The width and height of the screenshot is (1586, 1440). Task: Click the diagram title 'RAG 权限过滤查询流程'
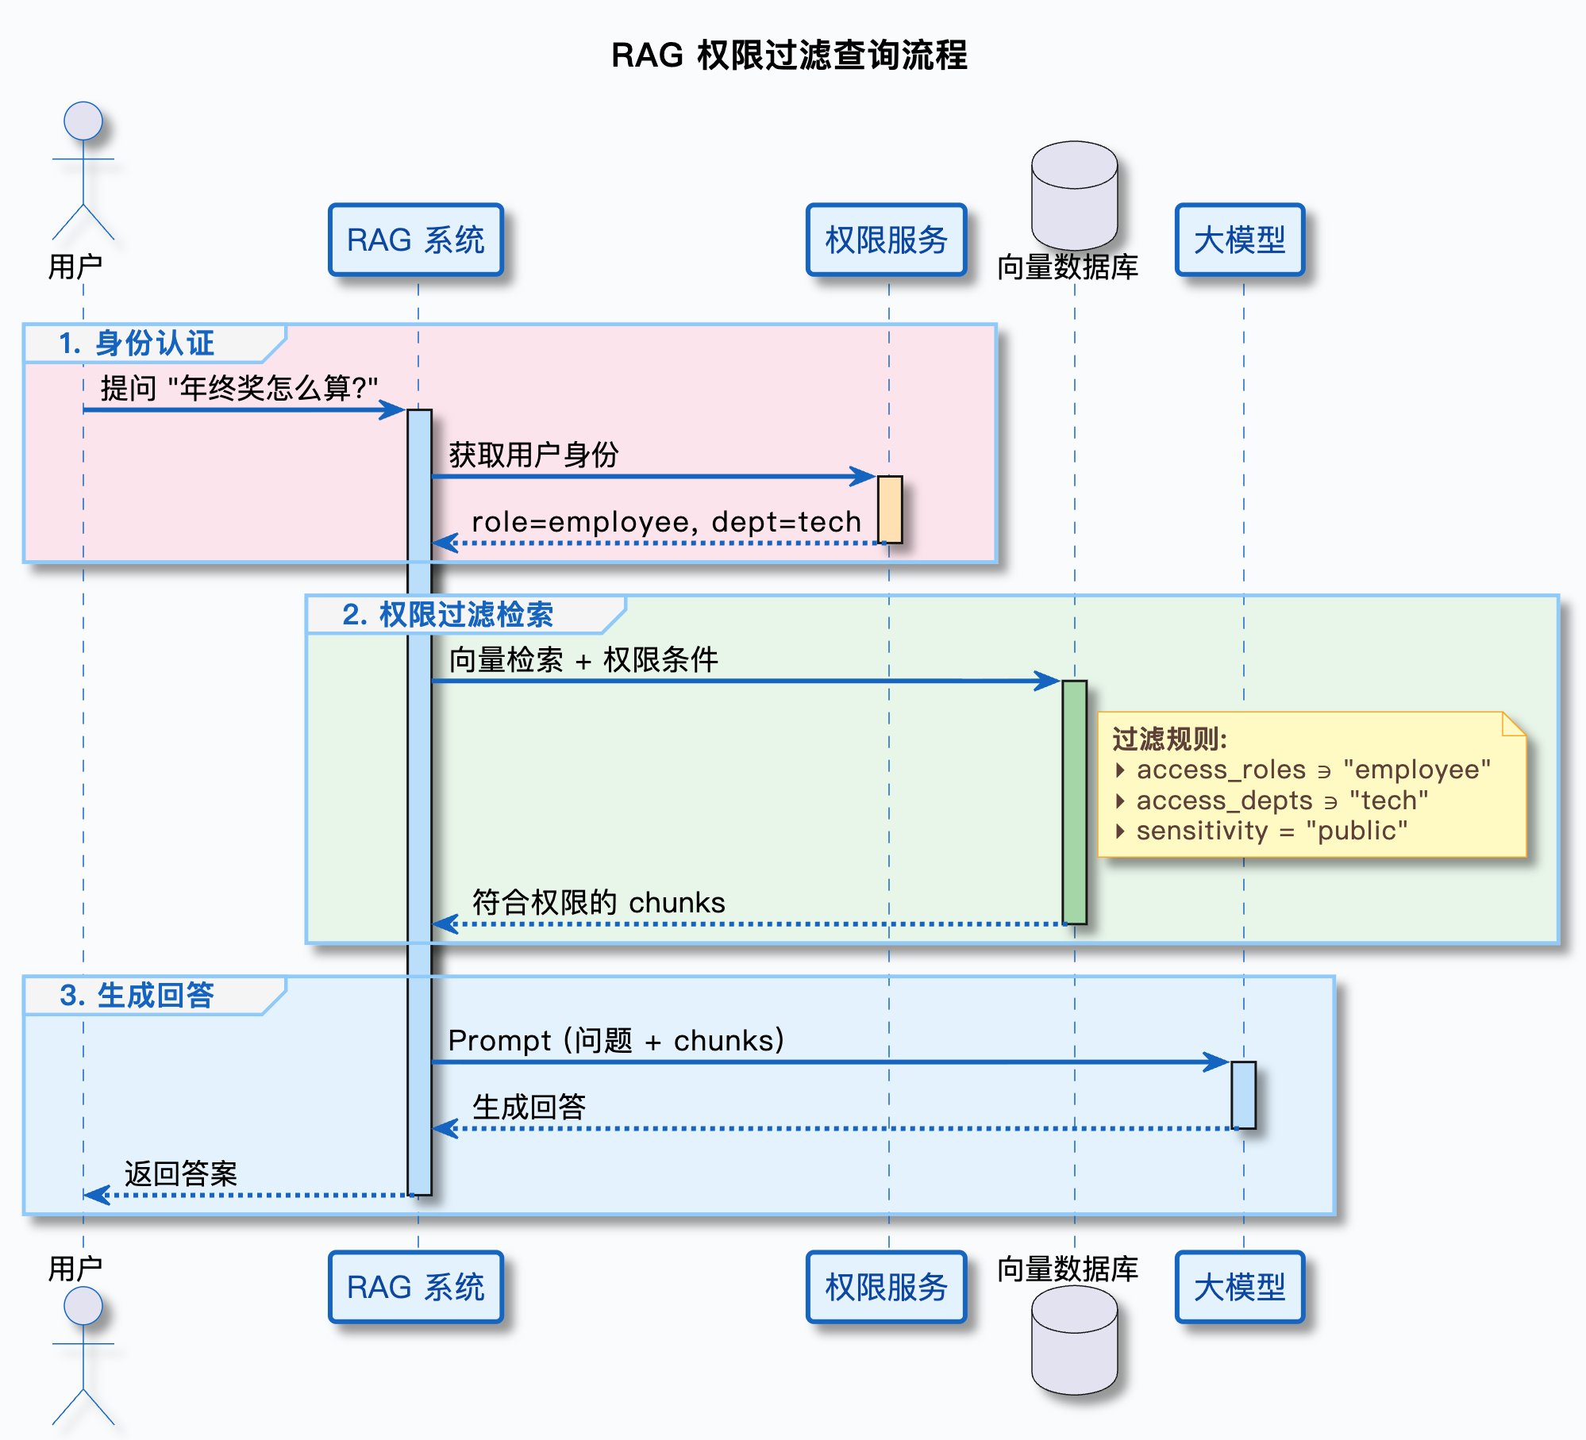789,56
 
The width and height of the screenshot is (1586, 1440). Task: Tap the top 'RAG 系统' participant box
416,240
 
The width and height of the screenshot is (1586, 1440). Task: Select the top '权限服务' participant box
886,240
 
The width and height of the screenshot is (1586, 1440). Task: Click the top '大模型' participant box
1239,240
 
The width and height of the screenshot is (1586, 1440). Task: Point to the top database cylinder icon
1074,195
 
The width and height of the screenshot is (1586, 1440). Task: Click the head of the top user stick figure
83,121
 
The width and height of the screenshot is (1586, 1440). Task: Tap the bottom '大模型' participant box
1239,1287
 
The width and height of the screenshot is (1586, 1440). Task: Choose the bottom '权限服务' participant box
886,1287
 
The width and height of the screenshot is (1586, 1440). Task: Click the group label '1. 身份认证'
137,344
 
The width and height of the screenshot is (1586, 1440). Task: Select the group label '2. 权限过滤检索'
448,615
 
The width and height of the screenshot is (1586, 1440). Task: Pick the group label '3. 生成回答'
137,996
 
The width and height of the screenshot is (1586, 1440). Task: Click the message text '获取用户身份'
533,455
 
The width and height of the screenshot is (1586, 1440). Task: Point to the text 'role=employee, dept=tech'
666,522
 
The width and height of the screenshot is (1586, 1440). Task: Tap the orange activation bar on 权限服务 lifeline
889,509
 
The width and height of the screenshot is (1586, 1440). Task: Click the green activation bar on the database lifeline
1074,801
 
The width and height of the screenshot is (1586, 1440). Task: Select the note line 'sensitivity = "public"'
1272,831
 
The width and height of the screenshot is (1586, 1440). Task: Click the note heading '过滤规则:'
1169,739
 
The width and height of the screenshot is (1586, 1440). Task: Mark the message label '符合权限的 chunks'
599,903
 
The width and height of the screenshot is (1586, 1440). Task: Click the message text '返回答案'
181,1174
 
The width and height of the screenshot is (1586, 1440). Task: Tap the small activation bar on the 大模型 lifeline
1243,1095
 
